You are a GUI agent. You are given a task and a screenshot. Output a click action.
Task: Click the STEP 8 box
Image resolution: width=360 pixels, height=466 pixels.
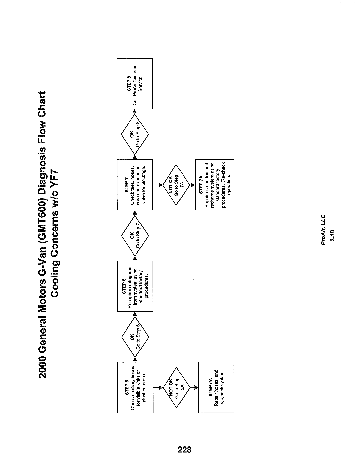pos(135,84)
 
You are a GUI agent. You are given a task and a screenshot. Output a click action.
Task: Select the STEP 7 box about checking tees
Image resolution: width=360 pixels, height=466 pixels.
pos(135,185)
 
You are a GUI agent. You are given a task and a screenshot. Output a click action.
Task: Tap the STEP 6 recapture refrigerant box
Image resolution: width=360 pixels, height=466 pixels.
pos(135,286)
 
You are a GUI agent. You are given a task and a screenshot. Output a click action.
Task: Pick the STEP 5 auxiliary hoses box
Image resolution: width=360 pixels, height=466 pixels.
pos(135,387)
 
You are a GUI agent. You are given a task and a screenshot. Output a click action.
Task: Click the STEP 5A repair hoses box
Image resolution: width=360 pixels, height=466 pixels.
pos(216,387)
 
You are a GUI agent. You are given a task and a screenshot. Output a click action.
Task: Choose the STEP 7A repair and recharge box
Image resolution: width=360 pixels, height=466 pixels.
pos(214,185)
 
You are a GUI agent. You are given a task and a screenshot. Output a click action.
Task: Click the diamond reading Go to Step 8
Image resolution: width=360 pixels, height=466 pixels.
pos(135,134)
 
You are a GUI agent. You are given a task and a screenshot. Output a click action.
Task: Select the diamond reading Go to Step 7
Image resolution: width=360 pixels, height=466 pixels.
pos(135,235)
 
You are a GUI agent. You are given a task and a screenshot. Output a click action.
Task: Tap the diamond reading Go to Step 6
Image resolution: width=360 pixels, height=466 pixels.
pos(135,337)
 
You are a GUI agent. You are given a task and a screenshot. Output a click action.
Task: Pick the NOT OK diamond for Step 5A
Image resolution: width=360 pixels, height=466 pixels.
pos(176,388)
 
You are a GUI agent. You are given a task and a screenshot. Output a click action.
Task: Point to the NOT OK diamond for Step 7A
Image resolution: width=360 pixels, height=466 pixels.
pos(176,185)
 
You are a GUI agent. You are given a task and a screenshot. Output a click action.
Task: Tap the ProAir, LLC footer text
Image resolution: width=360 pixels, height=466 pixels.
pos(323,229)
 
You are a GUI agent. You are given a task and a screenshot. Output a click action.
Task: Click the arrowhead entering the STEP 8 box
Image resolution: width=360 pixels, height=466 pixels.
pos(135,111)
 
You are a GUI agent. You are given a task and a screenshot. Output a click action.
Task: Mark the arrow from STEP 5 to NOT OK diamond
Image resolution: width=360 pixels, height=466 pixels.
pos(158,388)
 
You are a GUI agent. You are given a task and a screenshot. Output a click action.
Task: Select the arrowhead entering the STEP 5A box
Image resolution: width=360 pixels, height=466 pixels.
pos(196,388)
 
